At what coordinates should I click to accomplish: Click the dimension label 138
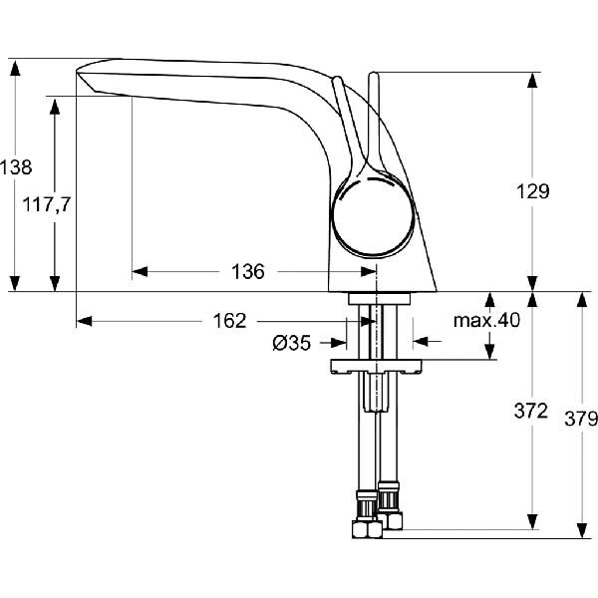(16, 167)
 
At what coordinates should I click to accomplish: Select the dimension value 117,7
(47, 204)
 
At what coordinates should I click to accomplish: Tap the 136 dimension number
(248, 272)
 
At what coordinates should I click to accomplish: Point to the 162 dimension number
(229, 321)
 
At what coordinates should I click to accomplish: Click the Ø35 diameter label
(292, 343)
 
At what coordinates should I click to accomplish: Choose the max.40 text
(486, 320)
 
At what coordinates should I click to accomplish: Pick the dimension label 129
(533, 191)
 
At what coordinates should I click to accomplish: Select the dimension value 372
(531, 411)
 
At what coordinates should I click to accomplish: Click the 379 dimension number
(581, 419)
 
